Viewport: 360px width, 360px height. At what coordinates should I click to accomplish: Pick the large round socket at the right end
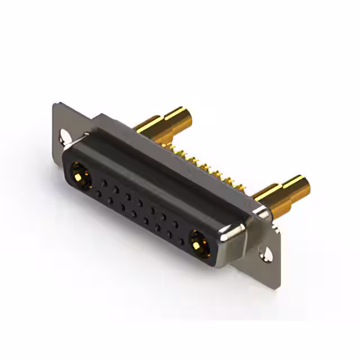[x=197, y=243]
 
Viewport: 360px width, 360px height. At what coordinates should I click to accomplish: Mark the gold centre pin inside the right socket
[x=197, y=244]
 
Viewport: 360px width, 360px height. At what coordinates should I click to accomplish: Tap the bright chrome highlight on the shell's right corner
[x=236, y=229]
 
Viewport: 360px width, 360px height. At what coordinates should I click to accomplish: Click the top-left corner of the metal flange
[x=55, y=104]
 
